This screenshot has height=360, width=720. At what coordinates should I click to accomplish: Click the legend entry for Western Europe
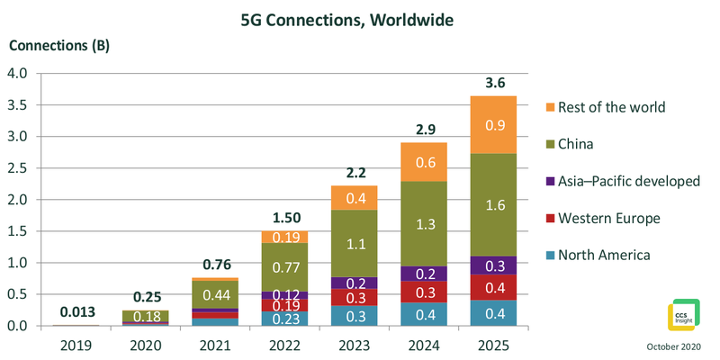tap(608, 218)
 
